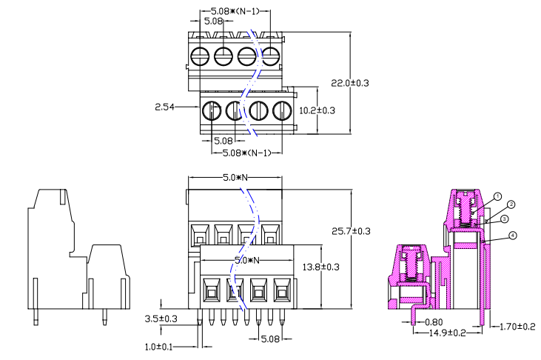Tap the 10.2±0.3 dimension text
(x=317, y=110)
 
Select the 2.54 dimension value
(x=164, y=107)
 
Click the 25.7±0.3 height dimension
(x=352, y=231)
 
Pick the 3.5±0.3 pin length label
(x=160, y=319)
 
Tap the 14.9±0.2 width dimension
(x=448, y=333)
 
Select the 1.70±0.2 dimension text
(x=518, y=326)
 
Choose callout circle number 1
(x=498, y=196)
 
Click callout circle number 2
(x=511, y=204)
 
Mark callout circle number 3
(x=504, y=219)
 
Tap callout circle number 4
(x=514, y=236)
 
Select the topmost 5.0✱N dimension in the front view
(x=234, y=179)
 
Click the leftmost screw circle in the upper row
(x=200, y=56)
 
